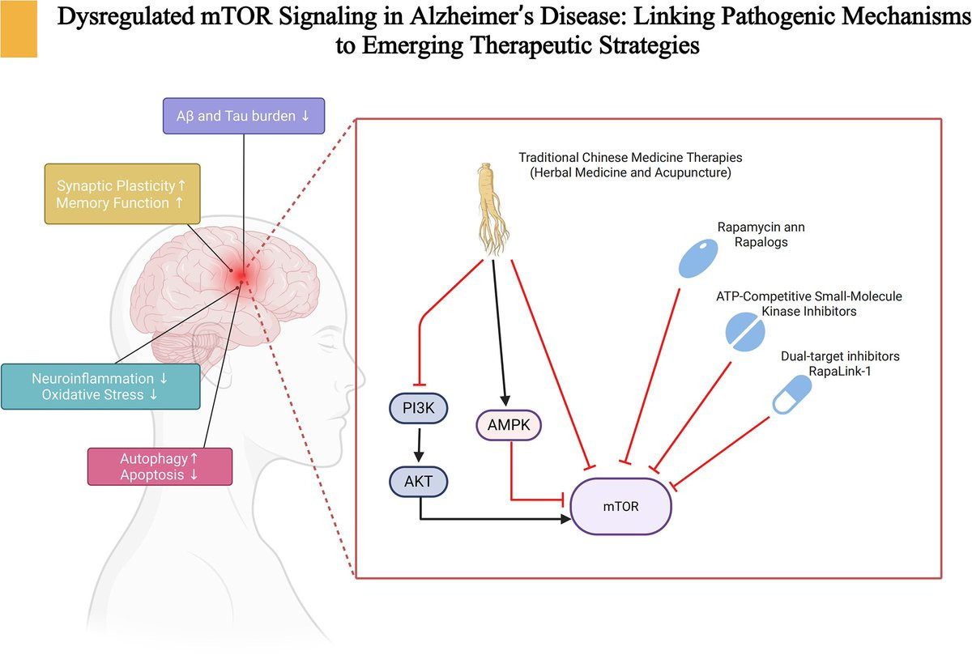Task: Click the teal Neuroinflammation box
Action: [100, 386]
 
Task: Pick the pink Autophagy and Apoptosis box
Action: [160, 466]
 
